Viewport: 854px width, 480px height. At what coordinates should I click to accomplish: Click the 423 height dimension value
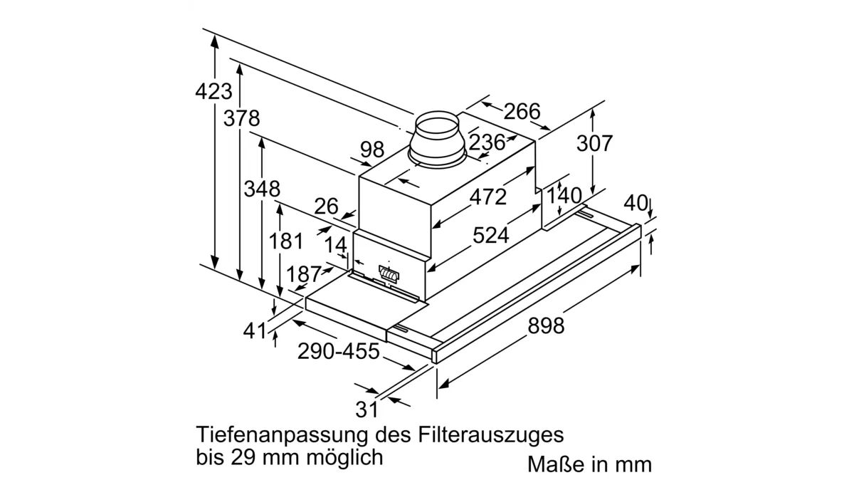coord(213,91)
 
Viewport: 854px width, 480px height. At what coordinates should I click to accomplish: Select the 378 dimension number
coord(241,118)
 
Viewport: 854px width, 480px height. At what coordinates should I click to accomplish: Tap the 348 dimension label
coord(262,189)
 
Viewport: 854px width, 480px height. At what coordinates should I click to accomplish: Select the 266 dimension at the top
coord(522,112)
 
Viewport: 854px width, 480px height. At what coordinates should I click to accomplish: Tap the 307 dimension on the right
coord(594,143)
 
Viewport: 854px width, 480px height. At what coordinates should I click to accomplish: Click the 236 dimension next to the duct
coord(487,142)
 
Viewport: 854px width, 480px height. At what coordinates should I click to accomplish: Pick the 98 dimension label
coord(371,150)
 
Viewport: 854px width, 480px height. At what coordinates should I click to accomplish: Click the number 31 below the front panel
coord(365,409)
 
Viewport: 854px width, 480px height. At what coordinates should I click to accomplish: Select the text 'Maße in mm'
coord(589,464)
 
